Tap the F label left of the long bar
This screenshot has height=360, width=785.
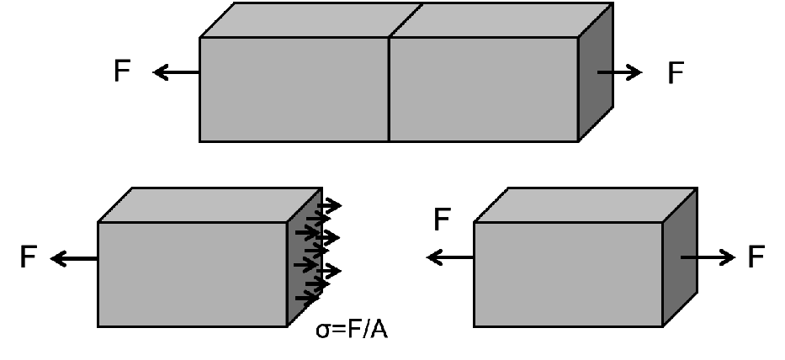[123, 72]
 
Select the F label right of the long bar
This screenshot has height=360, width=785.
[676, 73]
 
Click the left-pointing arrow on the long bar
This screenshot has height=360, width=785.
[175, 73]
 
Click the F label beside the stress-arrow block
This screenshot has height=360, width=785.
[29, 258]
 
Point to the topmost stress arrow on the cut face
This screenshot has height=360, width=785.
[329, 204]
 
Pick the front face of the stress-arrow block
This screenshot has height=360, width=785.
[193, 274]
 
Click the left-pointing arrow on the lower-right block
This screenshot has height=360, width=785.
[450, 257]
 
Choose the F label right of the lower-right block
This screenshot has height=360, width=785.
[756, 257]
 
